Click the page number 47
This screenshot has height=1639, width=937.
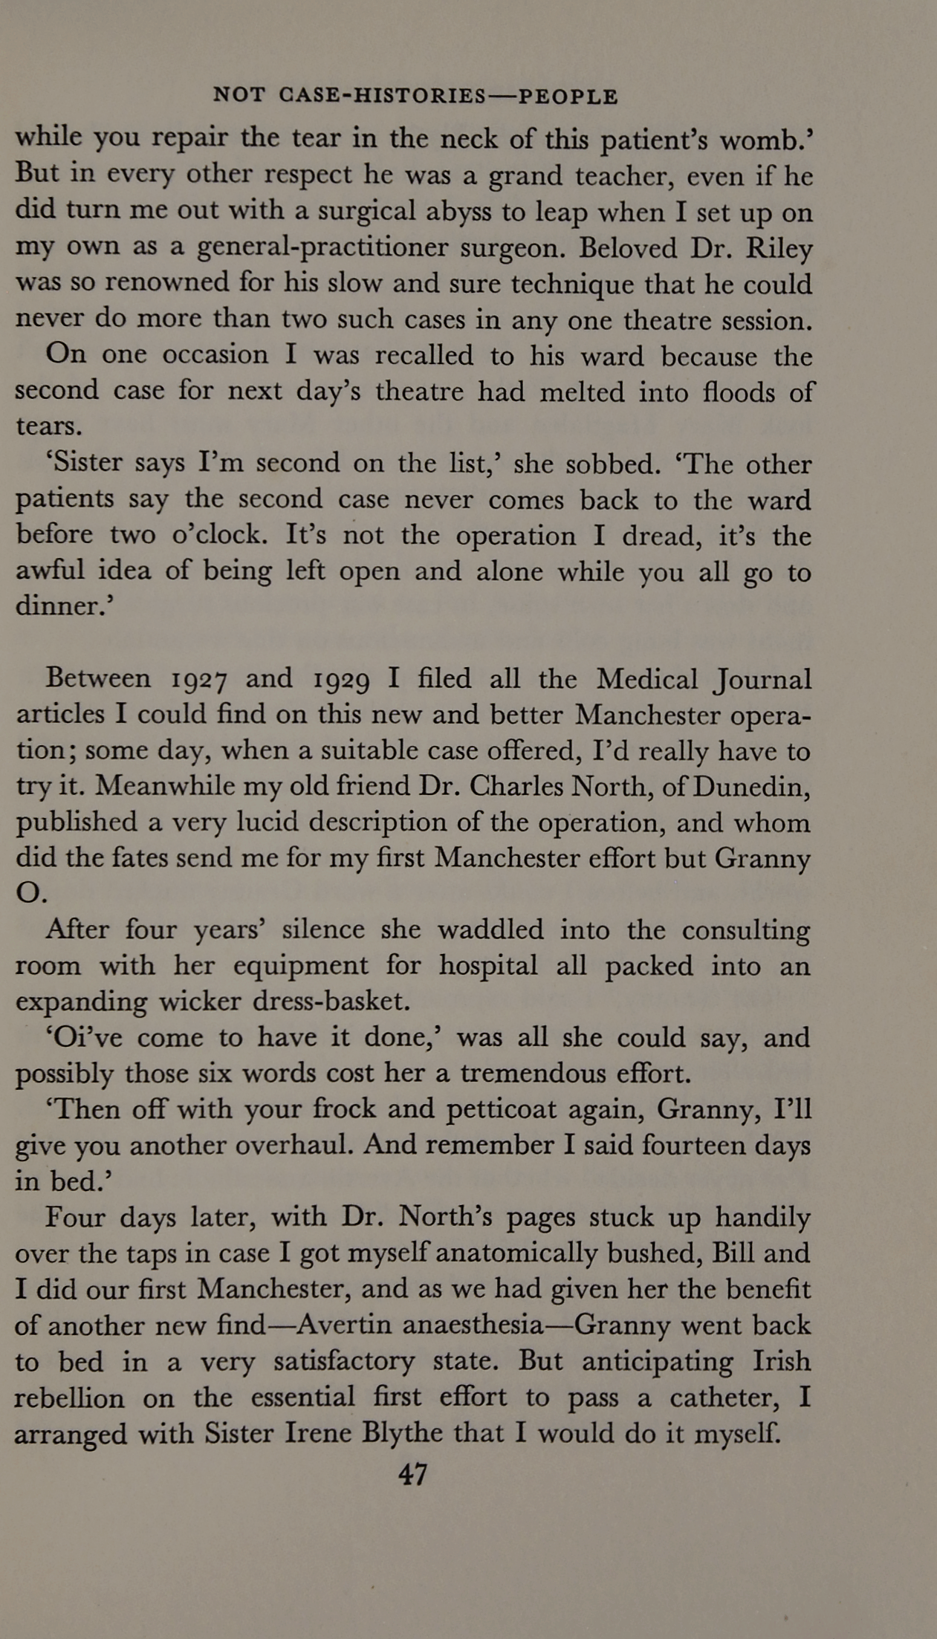coord(413,1474)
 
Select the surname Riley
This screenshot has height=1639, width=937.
coord(779,249)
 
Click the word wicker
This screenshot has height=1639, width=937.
coord(201,1002)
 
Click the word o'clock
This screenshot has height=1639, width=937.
coord(226,535)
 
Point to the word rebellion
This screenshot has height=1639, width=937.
coord(69,1398)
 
